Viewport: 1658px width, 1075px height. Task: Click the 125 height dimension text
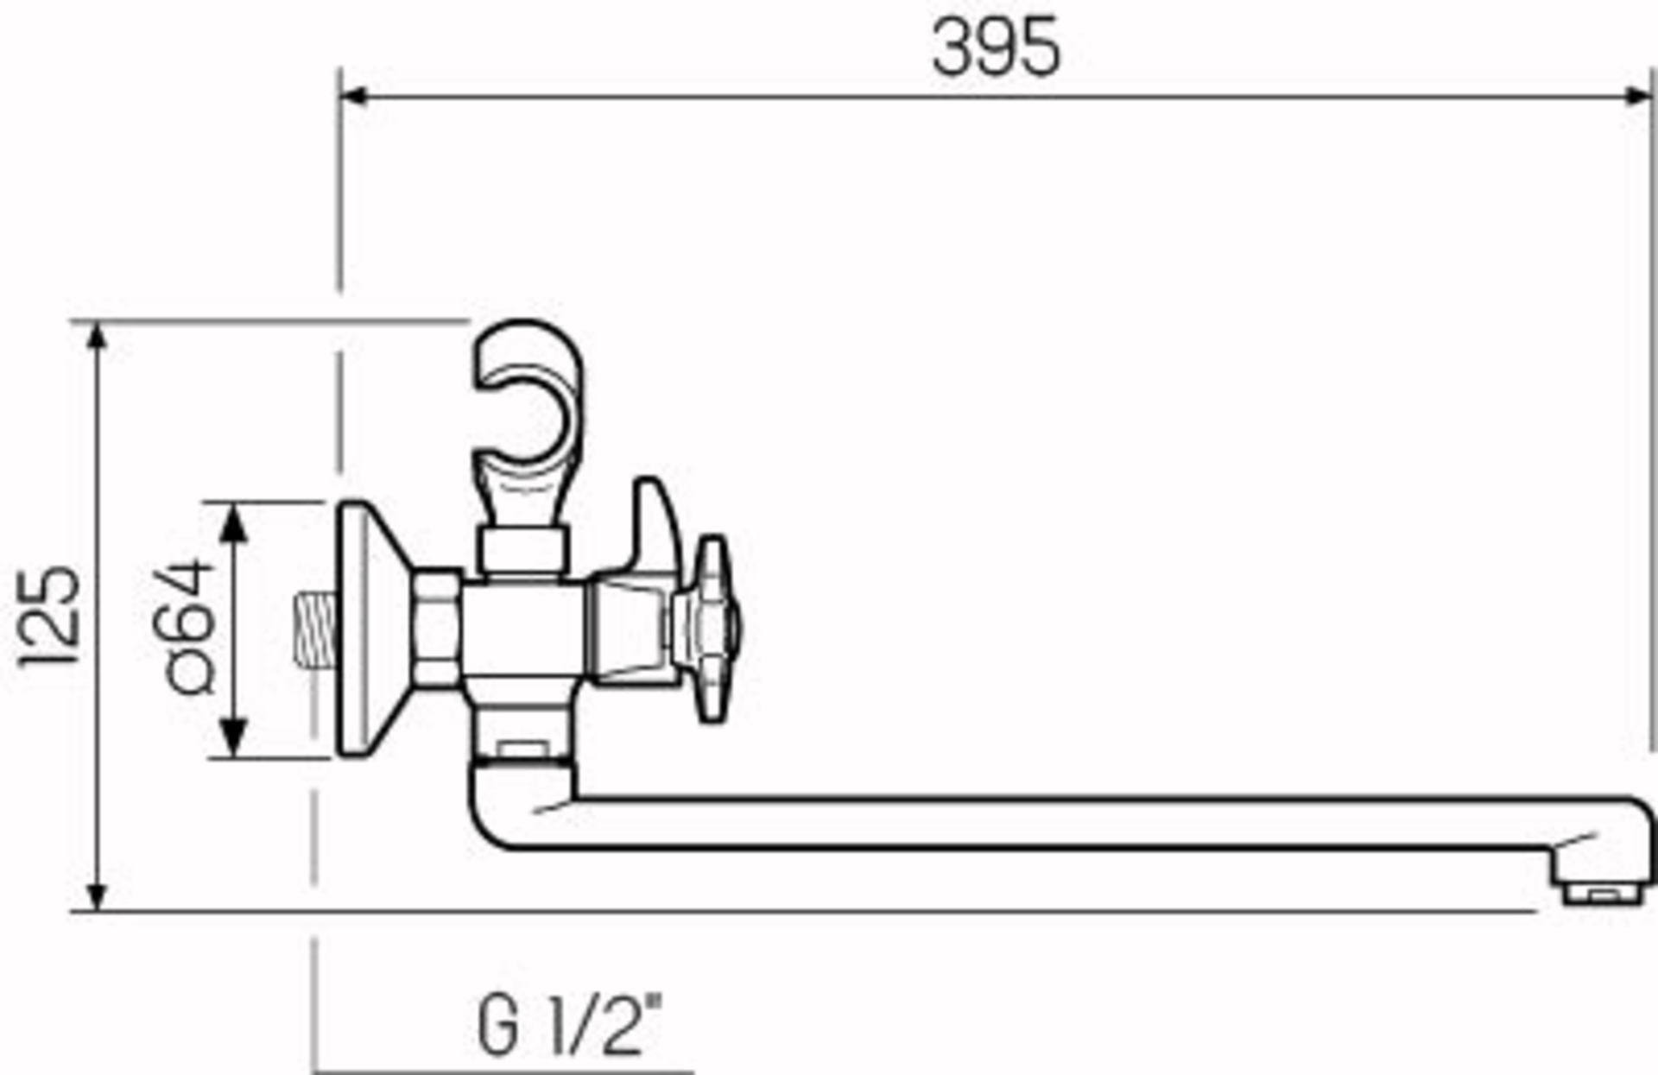click(x=50, y=617)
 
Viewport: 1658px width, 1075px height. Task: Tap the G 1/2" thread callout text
click(x=569, y=1026)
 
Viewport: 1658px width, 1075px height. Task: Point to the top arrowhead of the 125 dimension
click(x=98, y=338)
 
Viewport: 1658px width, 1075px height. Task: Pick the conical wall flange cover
click(x=367, y=629)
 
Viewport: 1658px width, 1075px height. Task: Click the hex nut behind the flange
click(x=437, y=629)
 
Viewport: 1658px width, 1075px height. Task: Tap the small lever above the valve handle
click(x=655, y=527)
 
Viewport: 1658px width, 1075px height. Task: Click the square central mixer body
click(x=522, y=629)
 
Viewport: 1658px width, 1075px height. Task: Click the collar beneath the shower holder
click(x=523, y=550)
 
